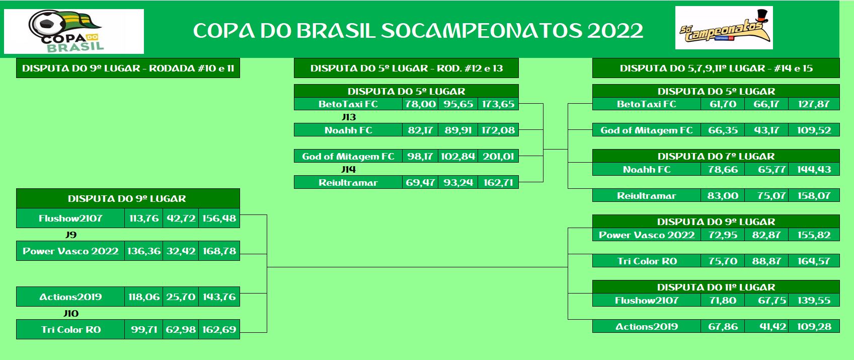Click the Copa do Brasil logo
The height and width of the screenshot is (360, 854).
[73, 31]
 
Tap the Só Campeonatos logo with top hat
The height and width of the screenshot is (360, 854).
[724, 28]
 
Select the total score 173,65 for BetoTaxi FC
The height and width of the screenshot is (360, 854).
[498, 104]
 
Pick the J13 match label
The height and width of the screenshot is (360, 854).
[348, 117]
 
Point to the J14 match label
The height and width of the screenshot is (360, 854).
[348, 169]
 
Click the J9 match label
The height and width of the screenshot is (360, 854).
[71, 235]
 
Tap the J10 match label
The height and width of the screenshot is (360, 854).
[71, 314]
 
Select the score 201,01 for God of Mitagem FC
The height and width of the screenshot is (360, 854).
[498, 157]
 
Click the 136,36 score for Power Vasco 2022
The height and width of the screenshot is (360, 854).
[144, 251]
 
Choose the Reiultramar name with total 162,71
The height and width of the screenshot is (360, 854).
[348, 183]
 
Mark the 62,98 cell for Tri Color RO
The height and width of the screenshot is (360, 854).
[181, 329]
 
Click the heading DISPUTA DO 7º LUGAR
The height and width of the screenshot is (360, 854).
[716, 157]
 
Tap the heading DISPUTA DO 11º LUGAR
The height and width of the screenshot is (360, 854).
[716, 287]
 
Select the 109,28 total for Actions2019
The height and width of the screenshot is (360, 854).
[814, 327]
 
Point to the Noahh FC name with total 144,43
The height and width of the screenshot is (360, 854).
[647, 170]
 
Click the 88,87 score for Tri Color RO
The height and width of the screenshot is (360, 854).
[766, 261]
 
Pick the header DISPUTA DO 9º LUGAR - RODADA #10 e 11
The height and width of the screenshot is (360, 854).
[128, 68]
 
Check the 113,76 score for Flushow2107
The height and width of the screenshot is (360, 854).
[144, 219]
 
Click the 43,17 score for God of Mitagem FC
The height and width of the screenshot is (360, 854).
[767, 130]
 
